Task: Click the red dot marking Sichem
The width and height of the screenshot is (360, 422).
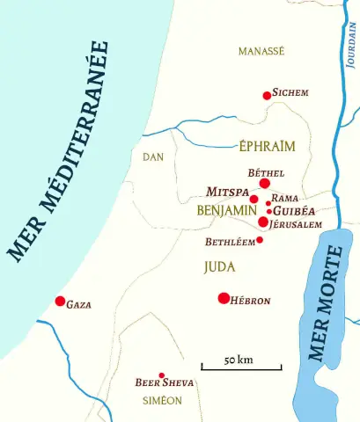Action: pyautogui.click(x=267, y=95)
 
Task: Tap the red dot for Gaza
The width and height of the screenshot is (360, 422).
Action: pyautogui.click(x=60, y=302)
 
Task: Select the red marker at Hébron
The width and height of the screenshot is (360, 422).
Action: pyautogui.click(x=224, y=298)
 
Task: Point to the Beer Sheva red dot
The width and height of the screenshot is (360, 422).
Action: pyautogui.click(x=161, y=375)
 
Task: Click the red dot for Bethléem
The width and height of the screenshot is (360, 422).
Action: pyautogui.click(x=260, y=240)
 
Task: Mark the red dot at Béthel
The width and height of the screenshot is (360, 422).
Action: pyautogui.click(x=264, y=184)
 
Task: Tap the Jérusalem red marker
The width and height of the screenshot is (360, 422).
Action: pyautogui.click(x=262, y=222)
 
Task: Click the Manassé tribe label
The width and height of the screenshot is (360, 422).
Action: pyautogui.click(x=261, y=52)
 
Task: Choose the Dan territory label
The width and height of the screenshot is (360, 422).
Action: pyautogui.click(x=153, y=156)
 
